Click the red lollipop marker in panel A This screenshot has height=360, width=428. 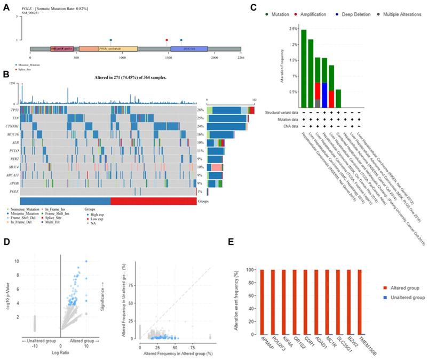point(167,39)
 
